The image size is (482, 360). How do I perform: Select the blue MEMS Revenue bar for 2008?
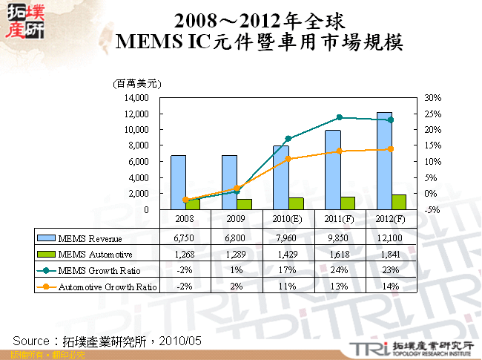click(178, 182)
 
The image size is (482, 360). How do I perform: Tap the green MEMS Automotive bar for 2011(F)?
click(347, 203)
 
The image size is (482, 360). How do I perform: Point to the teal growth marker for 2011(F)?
click(340, 117)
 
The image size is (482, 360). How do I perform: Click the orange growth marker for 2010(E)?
click(288, 159)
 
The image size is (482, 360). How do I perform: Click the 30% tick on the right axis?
click(432, 98)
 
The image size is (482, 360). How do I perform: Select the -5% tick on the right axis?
click(432, 210)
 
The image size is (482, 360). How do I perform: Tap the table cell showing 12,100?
click(390, 238)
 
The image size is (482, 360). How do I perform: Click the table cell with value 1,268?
click(185, 255)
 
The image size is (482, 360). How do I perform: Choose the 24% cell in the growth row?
click(340, 271)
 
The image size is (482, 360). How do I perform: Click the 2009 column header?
click(237, 219)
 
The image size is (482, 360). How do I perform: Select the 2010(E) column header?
click(288, 219)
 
